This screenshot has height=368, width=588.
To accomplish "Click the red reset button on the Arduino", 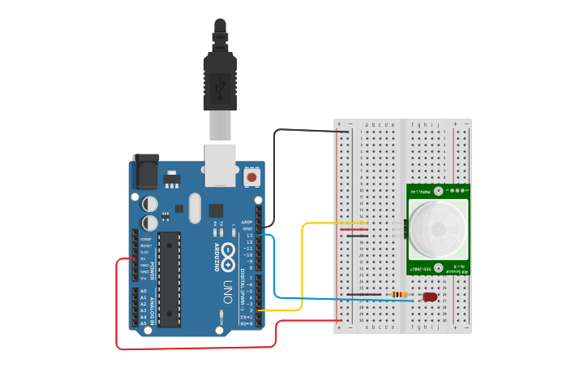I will (251, 176).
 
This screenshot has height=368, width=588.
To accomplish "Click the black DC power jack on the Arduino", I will (146, 172).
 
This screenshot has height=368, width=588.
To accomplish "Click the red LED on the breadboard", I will (430, 297).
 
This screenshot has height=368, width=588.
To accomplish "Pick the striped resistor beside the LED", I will (399, 294).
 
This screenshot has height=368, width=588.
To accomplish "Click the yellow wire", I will (303, 268).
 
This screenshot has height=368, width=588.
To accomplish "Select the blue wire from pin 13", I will (275, 268).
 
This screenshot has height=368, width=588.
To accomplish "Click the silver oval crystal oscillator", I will (194, 208).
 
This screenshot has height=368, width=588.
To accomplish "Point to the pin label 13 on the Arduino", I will (250, 235).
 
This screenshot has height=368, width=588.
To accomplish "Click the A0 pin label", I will (144, 291).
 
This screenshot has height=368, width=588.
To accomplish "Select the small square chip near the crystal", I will (216, 210).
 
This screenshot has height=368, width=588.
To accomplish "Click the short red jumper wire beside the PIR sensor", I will (357, 229).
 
